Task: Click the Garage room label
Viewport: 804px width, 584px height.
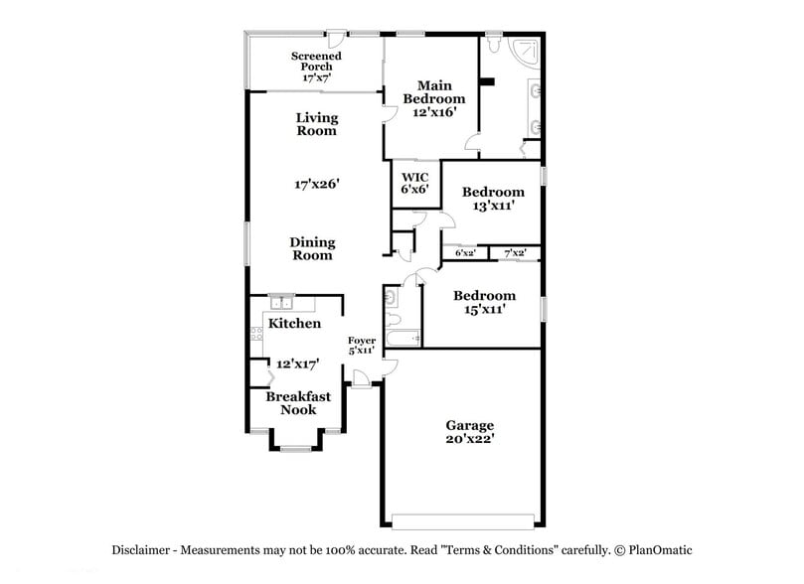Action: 469,424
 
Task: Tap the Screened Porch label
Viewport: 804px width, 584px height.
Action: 316,57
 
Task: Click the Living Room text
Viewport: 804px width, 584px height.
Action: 316,123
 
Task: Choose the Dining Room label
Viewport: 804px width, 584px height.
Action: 312,248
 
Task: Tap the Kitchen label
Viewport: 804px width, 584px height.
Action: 295,324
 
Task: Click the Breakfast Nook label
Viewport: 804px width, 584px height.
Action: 298,402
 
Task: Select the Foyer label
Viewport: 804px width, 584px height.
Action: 361,341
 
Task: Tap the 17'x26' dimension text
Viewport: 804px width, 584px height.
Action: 317,184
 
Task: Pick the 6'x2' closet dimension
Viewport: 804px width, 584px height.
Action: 465,253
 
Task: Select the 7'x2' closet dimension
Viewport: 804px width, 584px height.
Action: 515,253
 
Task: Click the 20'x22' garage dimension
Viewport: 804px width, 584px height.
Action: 469,437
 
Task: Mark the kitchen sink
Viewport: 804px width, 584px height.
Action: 280,302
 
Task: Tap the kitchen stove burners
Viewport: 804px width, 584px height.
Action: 256,335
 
